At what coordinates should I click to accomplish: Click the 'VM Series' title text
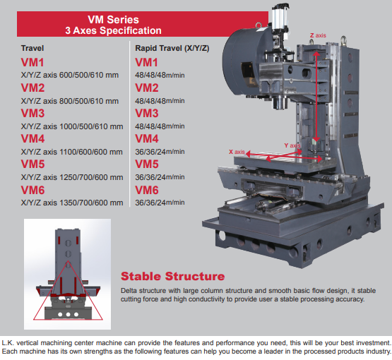pos(113,20)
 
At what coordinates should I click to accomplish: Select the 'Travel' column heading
pos(32,48)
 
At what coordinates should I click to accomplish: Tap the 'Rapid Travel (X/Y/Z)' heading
pos(172,48)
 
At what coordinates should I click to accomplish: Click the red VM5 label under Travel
pos(32,164)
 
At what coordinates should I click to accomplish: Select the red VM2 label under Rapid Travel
pos(147,88)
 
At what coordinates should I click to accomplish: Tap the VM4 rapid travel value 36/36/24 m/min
pos(160,152)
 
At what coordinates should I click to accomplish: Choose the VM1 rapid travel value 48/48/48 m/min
pos(160,75)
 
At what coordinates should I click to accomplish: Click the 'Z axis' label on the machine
pos(318,35)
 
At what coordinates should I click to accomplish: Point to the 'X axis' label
pos(237,152)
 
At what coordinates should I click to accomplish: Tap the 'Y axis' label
pos(292,145)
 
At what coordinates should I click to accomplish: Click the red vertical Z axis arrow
pos(316,97)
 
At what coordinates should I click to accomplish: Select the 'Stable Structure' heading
pos(173,276)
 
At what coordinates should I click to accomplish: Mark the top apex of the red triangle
pos(68,261)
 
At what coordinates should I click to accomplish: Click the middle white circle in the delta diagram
pos(68,314)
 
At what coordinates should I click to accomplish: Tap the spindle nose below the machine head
pos(280,102)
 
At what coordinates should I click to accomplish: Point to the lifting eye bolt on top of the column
pos(344,41)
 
